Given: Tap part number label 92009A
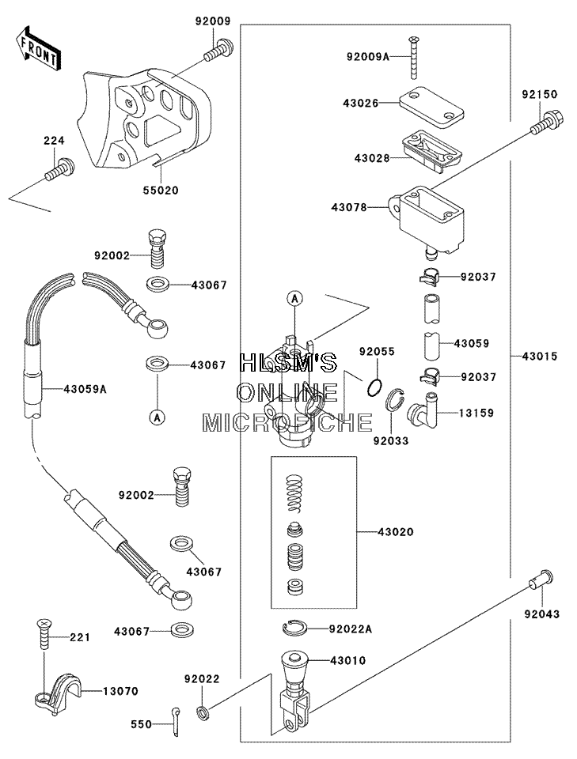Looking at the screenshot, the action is pyautogui.click(x=368, y=57).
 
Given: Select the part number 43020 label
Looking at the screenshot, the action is pyautogui.click(x=395, y=532).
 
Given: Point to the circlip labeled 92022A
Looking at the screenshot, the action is pyautogui.click(x=294, y=629).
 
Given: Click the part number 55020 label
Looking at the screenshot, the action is pyautogui.click(x=161, y=191).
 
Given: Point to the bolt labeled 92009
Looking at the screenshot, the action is pyautogui.click(x=218, y=51).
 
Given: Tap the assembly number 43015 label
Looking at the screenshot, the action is pyautogui.click(x=540, y=357).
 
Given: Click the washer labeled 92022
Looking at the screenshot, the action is pyautogui.click(x=203, y=712).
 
